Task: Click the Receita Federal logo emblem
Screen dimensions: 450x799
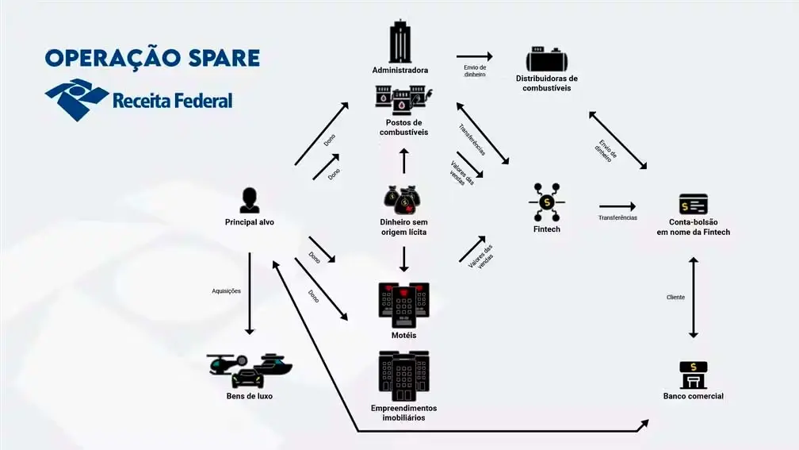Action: click(76, 99)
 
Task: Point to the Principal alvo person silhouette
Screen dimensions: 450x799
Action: click(249, 200)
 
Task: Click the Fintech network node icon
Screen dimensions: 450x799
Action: click(546, 202)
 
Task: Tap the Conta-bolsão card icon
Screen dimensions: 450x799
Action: click(693, 204)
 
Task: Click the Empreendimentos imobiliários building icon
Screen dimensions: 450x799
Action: click(403, 375)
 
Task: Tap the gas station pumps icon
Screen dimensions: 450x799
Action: click(403, 99)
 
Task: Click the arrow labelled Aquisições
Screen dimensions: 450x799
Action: click(250, 293)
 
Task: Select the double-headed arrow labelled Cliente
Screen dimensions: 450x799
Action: click(694, 298)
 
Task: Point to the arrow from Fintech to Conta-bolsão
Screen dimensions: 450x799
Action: click(617, 206)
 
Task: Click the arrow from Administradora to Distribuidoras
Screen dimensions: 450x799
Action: click(475, 56)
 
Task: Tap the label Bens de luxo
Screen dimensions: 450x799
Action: click(249, 395)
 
